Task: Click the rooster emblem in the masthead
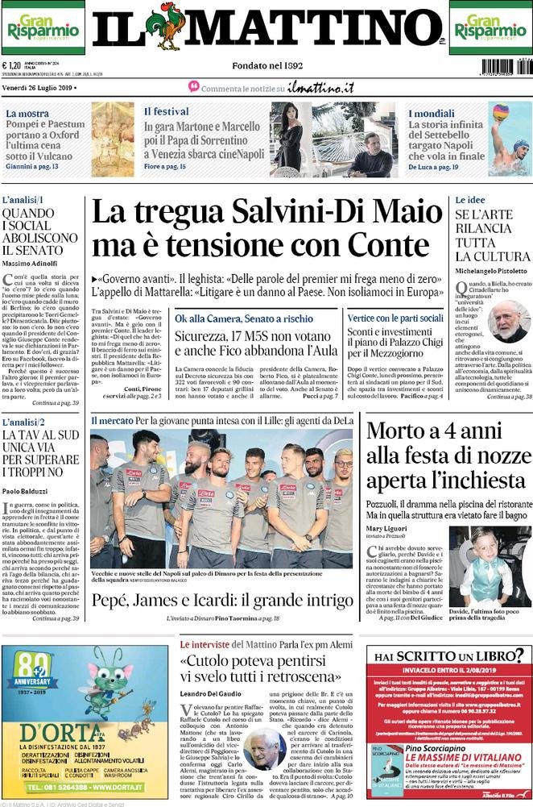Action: pos(165,27)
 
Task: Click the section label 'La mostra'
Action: pos(27,114)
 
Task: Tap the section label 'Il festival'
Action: pos(167,111)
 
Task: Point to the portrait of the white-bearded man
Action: pos(508,321)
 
